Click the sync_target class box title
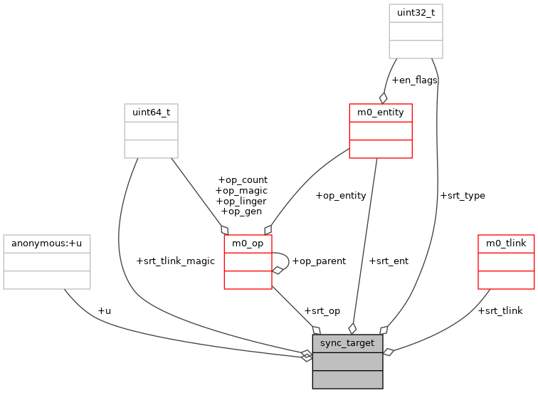tap(347, 343)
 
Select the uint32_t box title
tap(416, 13)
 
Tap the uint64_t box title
tap(151, 112)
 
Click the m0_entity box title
tap(380, 112)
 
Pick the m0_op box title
tap(248, 244)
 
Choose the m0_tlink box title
tap(506, 243)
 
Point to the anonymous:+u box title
tap(46, 243)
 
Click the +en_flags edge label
tap(414, 80)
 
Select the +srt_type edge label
tap(463, 195)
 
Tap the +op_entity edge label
tap(340, 195)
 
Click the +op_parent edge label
tap(319, 261)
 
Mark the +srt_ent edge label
tap(389, 261)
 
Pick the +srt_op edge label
tap(322, 311)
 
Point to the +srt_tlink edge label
tap(500, 310)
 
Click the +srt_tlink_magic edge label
tap(175, 261)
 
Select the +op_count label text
tap(242, 180)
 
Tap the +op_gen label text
tap(241, 211)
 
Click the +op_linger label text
tap(241, 201)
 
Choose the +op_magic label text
tap(241, 190)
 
